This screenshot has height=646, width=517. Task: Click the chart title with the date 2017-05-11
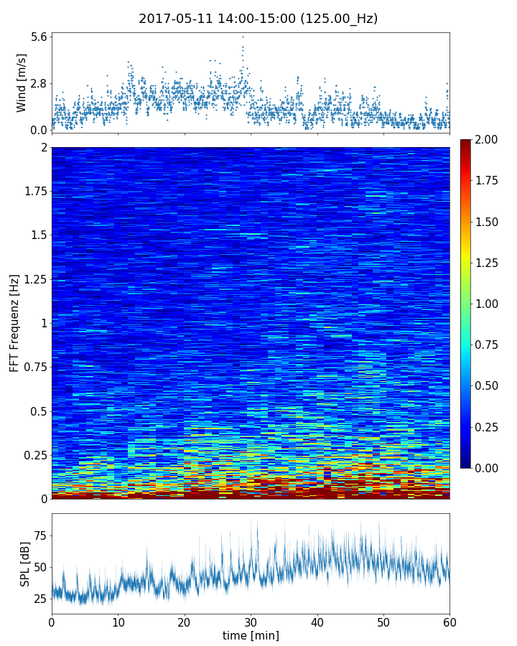258,19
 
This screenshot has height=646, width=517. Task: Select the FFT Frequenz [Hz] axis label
14,322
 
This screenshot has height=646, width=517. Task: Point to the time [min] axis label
251,635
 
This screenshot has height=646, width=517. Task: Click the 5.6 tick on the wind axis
39,37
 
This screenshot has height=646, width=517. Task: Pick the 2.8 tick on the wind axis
39,83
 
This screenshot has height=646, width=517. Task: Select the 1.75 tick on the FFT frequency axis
33,191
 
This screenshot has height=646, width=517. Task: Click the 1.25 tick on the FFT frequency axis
33,278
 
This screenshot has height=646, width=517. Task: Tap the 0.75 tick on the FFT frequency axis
33,367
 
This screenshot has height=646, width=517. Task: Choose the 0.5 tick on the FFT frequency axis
37,411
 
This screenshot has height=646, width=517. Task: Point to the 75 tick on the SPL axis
40,535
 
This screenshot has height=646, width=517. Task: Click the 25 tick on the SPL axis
40,599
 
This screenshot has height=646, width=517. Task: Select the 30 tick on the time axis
251,621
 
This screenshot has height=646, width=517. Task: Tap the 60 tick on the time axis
450,621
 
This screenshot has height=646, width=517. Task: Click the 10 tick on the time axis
118,621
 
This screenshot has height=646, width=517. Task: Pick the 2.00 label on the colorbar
489,139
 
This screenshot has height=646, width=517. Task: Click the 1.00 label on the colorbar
489,304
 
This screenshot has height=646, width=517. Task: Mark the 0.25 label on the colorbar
489,427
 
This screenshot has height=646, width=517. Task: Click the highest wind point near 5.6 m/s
243,37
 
